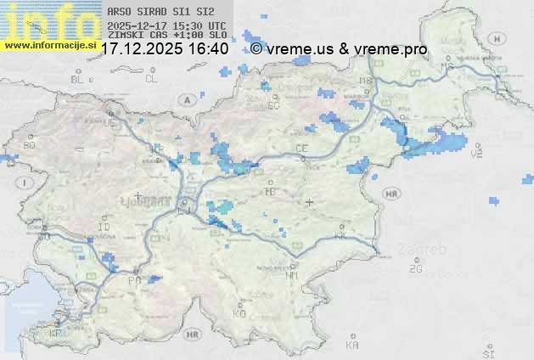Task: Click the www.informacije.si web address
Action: click(49, 43)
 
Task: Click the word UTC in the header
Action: click(216, 26)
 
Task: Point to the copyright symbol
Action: click(256, 49)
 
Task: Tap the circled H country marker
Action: click(503, 39)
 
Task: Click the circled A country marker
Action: click(185, 99)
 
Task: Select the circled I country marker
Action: click(26, 183)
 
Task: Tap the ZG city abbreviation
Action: click(415, 269)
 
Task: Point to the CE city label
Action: click(301, 149)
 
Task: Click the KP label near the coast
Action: click(57, 335)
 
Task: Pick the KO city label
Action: click(239, 313)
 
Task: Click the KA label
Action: click(353, 346)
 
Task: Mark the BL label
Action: click(78, 78)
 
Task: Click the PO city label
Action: click(134, 280)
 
